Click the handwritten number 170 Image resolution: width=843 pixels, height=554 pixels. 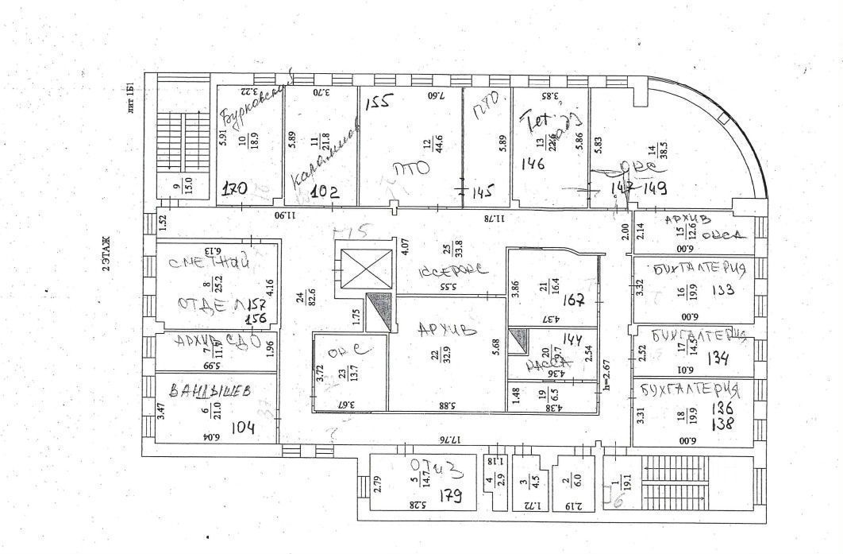tap(234, 190)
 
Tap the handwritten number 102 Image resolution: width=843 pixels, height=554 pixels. tap(324, 192)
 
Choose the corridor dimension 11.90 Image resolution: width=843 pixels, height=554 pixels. tap(285, 215)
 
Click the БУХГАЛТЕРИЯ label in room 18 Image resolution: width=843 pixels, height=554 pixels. tap(687, 390)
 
